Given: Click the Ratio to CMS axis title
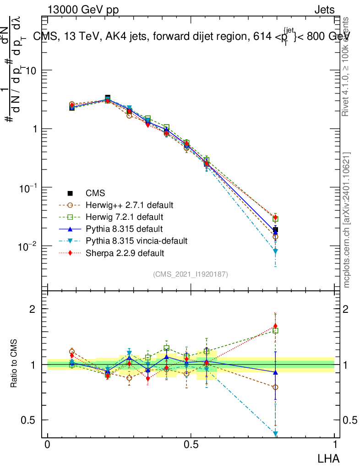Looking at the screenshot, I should (15, 365).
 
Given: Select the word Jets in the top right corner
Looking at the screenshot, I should (324, 10).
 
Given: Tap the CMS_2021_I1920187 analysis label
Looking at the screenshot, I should (191, 274).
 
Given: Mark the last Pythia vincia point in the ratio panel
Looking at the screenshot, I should (275, 433).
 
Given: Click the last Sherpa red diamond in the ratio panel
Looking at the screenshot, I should (275, 326).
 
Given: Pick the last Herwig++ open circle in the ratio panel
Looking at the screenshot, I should (275, 387).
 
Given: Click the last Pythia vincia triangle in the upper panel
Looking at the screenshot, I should (275, 251).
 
